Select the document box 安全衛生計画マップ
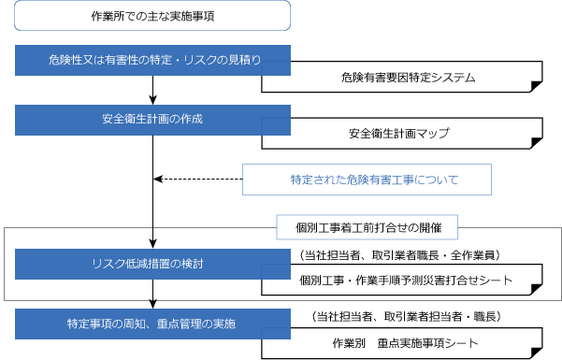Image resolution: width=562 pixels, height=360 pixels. (x=402, y=134)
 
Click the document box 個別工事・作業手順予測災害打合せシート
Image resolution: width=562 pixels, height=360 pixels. (x=402, y=279)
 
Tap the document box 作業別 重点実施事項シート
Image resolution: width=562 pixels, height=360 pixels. (x=402, y=343)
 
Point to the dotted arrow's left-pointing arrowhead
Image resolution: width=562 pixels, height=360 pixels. (x=157, y=179)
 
